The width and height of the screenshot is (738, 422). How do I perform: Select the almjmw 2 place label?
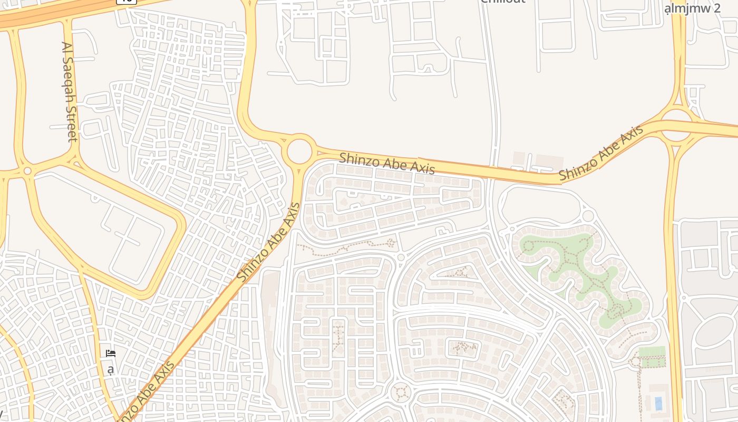[x=692, y=8]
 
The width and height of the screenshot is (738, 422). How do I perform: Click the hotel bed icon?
[x=111, y=353]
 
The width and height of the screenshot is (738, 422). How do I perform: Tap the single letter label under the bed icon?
[x=110, y=369]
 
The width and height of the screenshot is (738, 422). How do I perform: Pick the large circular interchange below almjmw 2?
[x=677, y=125]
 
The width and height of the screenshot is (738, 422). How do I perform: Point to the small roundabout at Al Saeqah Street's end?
[x=27, y=171]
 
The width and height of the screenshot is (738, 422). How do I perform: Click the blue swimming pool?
[x=658, y=404]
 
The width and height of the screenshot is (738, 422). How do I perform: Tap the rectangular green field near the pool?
[x=652, y=352]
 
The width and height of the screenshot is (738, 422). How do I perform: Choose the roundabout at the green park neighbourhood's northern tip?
[x=588, y=215]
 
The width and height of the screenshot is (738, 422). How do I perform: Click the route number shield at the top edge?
[x=127, y=2]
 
